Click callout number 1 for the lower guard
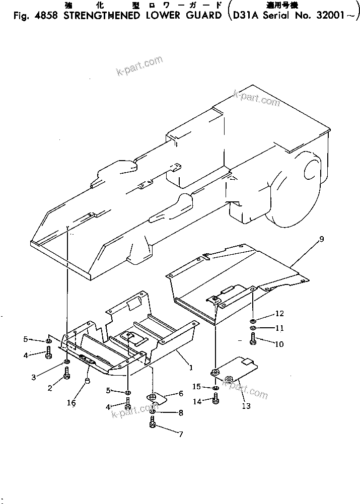click(x=190, y=368)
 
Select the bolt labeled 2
click(x=67, y=374)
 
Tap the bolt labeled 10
click(x=253, y=341)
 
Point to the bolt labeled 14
click(x=216, y=400)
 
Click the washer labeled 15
click(x=215, y=388)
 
